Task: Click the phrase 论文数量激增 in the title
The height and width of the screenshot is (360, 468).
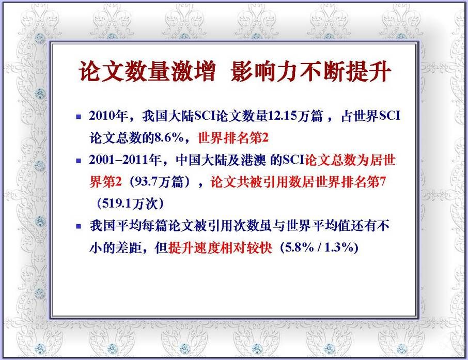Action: (147, 71)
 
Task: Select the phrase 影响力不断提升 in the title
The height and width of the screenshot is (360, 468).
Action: (310, 71)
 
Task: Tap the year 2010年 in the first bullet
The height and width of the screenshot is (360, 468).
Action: (108, 116)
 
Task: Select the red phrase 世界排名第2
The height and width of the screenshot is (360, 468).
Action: (233, 137)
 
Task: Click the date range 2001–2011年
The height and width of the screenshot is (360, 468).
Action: (125, 160)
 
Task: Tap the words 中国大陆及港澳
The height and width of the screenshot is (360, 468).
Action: (221, 160)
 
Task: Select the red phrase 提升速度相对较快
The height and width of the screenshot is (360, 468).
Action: (220, 247)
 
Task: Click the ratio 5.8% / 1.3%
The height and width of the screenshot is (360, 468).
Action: (320, 247)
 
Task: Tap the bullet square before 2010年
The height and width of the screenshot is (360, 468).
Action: (79, 117)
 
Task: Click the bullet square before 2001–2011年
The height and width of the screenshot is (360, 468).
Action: (79, 161)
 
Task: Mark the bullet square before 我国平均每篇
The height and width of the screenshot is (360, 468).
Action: (79, 226)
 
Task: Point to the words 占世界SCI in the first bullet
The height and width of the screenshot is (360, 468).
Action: (370, 116)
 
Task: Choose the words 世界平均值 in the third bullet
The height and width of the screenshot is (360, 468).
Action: (318, 226)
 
